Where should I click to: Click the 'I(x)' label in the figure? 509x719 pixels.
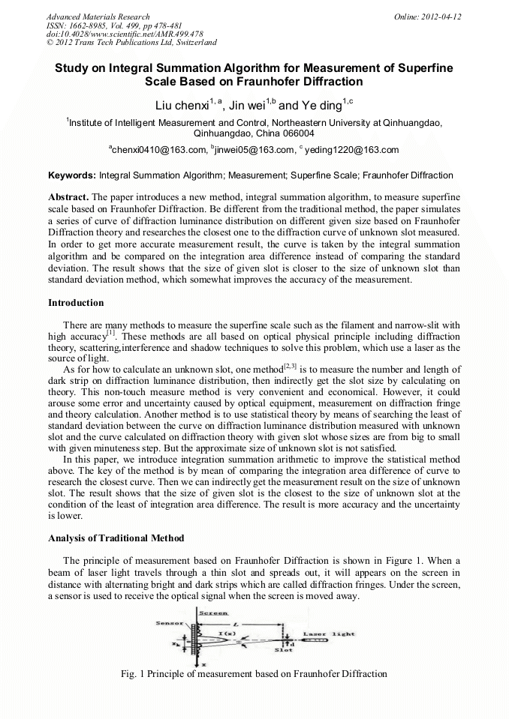(226, 633)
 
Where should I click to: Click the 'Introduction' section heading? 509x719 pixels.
(76, 303)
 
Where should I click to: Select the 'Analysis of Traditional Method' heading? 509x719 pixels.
(116, 538)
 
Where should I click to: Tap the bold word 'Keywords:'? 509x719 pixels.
(72, 175)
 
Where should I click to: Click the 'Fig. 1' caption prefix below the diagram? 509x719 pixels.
(133, 673)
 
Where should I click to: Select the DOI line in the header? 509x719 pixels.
(124, 34)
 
